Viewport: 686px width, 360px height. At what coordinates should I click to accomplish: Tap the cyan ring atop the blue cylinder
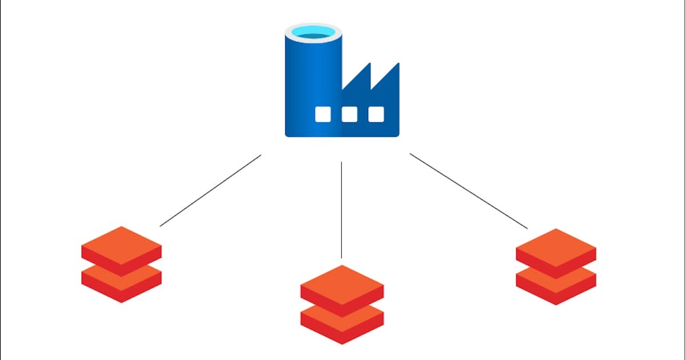313,33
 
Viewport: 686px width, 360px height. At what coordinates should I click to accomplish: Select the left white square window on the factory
323,114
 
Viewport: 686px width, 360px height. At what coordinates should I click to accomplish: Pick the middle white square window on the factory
349,114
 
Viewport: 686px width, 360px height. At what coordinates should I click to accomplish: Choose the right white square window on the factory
376,114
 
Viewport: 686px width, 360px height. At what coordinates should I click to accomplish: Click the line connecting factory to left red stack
210,190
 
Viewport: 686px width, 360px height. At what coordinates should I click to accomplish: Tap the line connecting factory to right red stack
469,191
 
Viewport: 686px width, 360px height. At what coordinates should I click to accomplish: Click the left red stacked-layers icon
121,264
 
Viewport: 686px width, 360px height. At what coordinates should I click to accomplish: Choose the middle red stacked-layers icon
342,304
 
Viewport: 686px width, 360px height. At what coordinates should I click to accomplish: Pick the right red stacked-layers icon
556,266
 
